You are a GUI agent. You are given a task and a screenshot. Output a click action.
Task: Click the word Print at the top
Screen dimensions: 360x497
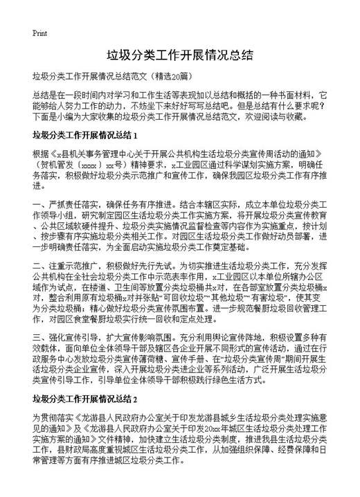coord(39,33)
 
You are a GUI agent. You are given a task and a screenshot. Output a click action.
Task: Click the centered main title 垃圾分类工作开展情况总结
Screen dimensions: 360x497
coord(179,54)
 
